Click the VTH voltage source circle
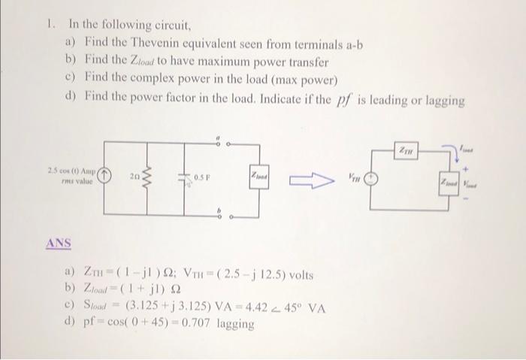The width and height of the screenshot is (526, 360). [369, 181]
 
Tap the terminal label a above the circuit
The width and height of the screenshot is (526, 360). [218, 138]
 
